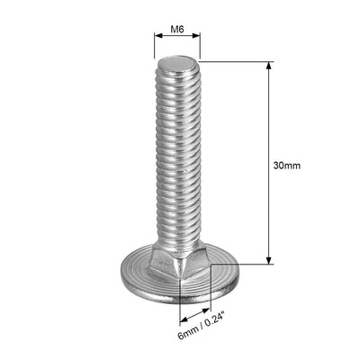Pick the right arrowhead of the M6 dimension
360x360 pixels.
click(x=198, y=39)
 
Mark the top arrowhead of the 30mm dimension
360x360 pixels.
click(x=267, y=65)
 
